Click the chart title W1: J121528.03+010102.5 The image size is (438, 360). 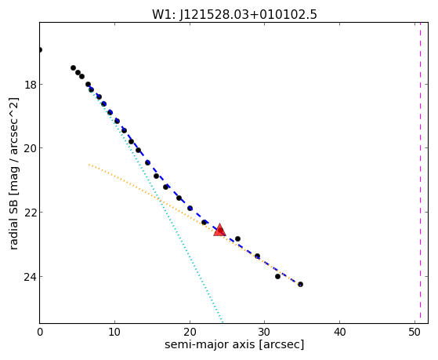click(234, 14)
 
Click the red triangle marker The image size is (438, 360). click(219, 231)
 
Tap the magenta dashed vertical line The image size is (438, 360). click(420, 173)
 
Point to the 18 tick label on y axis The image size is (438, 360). click(30, 85)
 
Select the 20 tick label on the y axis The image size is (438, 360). click(30, 148)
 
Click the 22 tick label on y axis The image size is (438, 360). click(30, 213)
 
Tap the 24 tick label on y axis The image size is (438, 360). click(30, 277)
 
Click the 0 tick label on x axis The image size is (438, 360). click(40, 332)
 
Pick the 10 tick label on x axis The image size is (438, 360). click(114, 332)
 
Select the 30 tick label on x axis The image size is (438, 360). click(265, 332)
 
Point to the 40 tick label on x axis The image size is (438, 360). click(340, 332)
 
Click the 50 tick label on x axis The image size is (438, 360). click(414, 332)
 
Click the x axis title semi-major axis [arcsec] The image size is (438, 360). click(234, 344)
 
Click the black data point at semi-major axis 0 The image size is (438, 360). click(40, 49)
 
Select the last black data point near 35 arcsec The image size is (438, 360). click(300, 284)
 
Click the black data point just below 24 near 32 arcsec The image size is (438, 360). click(277, 276)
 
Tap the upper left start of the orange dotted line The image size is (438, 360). click(89, 165)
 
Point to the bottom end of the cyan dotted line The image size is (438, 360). click(222, 322)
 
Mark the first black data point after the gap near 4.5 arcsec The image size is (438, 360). click(73, 67)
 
